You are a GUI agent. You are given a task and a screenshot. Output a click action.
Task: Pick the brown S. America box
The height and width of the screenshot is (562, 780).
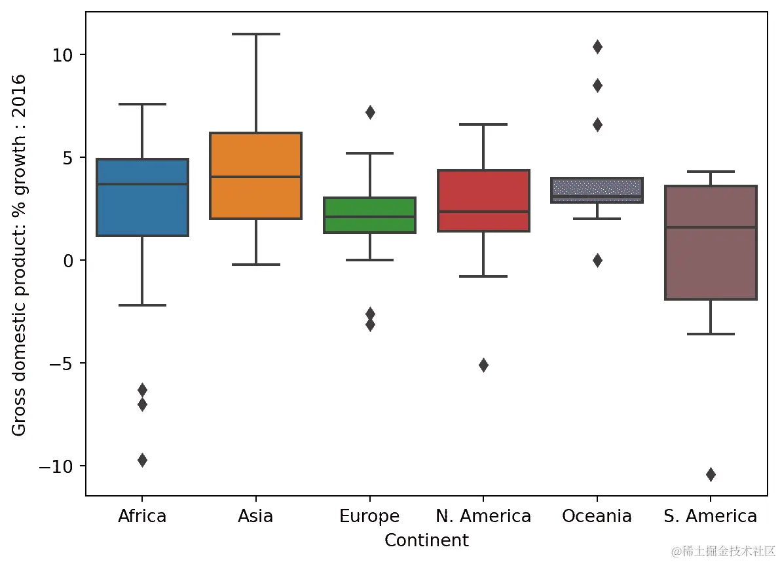click(711, 262)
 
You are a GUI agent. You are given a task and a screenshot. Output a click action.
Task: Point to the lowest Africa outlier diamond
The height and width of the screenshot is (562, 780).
click(142, 460)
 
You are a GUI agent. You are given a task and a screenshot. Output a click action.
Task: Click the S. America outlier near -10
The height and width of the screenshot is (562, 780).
click(711, 474)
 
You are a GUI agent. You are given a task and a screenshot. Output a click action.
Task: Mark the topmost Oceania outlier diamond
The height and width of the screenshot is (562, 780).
click(597, 47)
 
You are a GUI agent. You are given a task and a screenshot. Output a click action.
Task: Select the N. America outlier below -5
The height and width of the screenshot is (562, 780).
click(483, 365)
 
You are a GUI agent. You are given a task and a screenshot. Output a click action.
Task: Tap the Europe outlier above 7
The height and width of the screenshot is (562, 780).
click(370, 112)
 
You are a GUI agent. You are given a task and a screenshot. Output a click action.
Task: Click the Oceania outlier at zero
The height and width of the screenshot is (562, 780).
click(597, 260)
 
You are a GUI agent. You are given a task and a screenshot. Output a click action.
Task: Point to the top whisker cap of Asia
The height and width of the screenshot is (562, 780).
click(255, 33)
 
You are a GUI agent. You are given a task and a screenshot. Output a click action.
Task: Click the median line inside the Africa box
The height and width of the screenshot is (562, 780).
click(142, 184)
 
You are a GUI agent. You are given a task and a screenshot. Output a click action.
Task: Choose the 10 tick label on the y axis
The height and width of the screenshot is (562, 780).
click(62, 54)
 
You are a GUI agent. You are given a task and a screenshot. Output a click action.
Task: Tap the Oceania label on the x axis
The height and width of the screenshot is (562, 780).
click(597, 516)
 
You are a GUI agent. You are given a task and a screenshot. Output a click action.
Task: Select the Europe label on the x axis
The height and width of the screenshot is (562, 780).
click(369, 516)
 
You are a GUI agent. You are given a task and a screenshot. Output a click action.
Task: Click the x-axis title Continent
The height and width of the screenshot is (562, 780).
click(426, 540)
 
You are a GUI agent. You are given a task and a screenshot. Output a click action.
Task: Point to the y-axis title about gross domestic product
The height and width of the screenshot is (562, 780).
click(19, 255)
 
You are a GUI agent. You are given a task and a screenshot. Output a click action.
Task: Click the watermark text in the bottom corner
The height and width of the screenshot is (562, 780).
click(723, 551)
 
